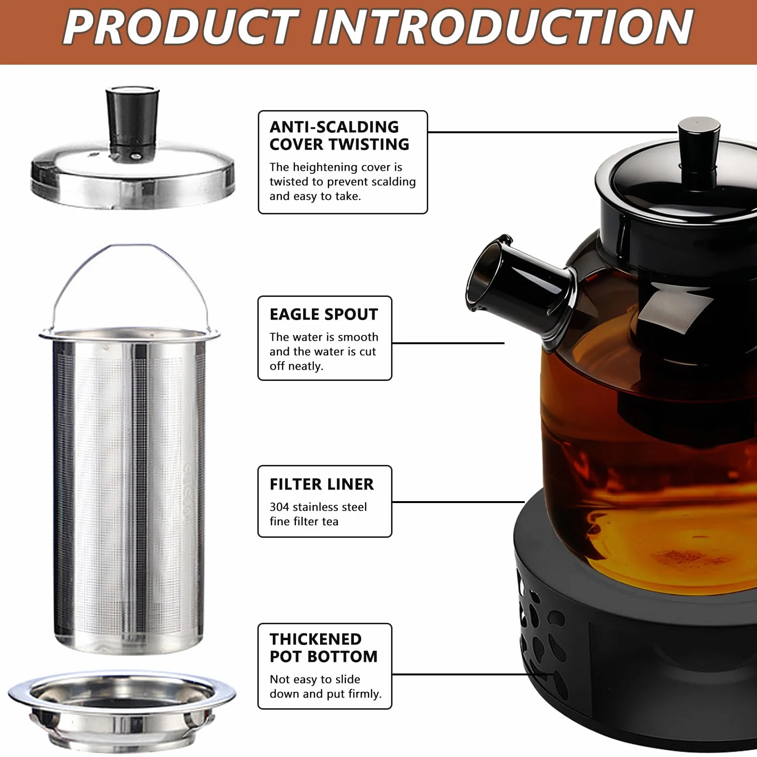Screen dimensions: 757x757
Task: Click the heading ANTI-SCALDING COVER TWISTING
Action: [339, 136]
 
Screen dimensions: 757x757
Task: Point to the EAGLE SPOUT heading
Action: [323, 314]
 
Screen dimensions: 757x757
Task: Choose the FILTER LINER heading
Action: [322, 484]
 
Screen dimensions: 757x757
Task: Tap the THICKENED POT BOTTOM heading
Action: [323, 648]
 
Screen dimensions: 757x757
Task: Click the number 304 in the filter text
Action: [280, 507]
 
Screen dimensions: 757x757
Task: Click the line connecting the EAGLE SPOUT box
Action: [448, 343]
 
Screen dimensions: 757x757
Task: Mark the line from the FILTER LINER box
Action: [458, 502]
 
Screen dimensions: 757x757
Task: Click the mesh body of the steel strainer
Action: [129, 488]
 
